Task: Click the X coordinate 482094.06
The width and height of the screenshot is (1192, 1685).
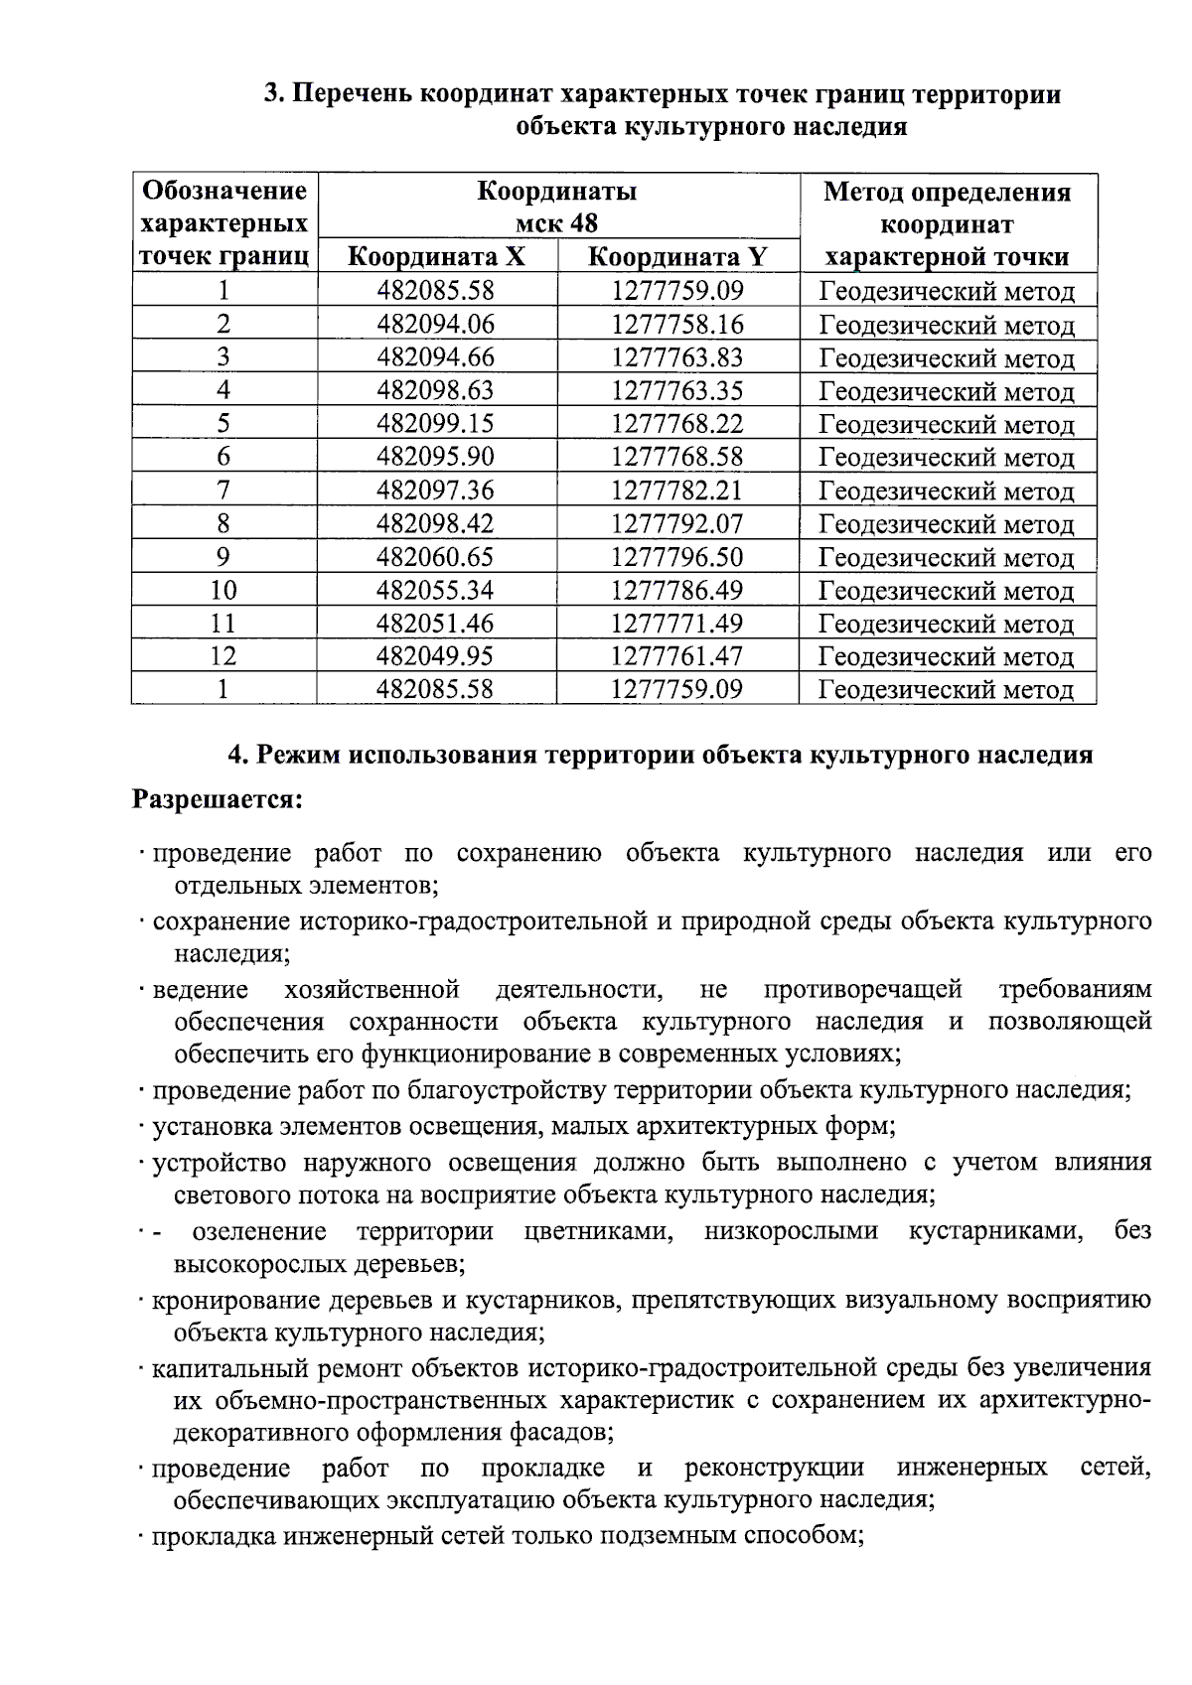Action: pyautogui.click(x=435, y=325)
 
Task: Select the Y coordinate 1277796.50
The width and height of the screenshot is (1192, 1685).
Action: pyautogui.click(x=676, y=557)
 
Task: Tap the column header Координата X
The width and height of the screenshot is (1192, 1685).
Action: pyautogui.click(x=436, y=257)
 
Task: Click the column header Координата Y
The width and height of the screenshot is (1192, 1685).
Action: pyautogui.click(x=677, y=257)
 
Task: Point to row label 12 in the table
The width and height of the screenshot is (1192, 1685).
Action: pyautogui.click(x=223, y=656)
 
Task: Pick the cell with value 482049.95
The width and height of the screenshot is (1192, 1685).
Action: pyautogui.click(x=435, y=656)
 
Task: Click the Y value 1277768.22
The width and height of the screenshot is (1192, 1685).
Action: pyautogui.click(x=676, y=424)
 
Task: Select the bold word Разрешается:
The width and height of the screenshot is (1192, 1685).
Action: pyautogui.click(x=218, y=799)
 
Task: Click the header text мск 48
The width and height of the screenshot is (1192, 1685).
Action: pyautogui.click(x=556, y=222)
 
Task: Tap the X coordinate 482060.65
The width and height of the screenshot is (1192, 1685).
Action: pyautogui.click(x=435, y=557)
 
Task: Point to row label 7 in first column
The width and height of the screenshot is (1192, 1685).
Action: pyautogui.click(x=223, y=491)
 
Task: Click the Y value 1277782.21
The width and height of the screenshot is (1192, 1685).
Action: pyautogui.click(x=676, y=491)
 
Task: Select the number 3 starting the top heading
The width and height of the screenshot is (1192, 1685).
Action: pyautogui.click(x=270, y=95)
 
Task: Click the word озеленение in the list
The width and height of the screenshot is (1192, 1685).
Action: pyautogui.click(x=259, y=1232)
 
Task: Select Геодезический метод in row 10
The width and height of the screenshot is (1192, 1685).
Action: pyautogui.click(x=946, y=591)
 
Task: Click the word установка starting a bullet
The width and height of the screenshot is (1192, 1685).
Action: pyautogui.click(x=210, y=1127)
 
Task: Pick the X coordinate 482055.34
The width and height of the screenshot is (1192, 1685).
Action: pyautogui.click(x=435, y=591)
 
